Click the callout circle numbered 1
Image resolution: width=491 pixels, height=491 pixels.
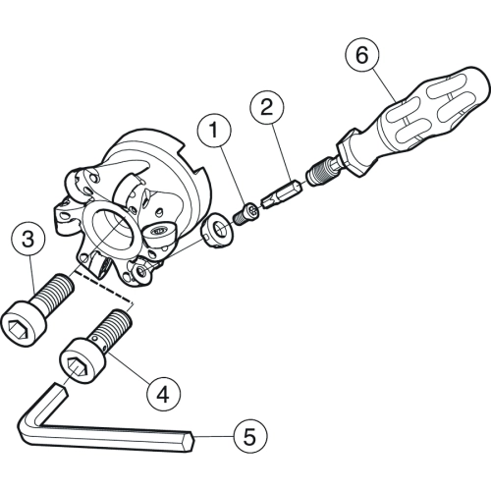pyautogui.click(x=214, y=131)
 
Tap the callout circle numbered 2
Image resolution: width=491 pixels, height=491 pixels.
pyautogui.click(x=267, y=108)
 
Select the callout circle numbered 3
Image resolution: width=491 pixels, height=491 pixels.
pyautogui.click(x=27, y=239)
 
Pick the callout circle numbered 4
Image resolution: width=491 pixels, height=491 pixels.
pyautogui.click(x=163, y=394)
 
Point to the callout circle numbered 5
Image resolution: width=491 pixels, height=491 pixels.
pyautogui.click(x=250, y=437)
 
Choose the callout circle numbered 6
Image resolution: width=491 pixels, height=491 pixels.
pyautogui.click(x=362, y=56)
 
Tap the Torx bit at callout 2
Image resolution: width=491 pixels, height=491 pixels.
pyautogui.click(x=280, y=195)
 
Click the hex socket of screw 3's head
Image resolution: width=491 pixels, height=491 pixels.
pyautogui.click(x=16, y=327)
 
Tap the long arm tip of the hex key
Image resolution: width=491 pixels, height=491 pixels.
pyautogui.click(x=191, y=443)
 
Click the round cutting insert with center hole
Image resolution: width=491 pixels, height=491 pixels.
pyautogui.click(x=218, y=231)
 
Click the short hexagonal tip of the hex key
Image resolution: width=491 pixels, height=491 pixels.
pyautogui.click(x=61, y=390)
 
